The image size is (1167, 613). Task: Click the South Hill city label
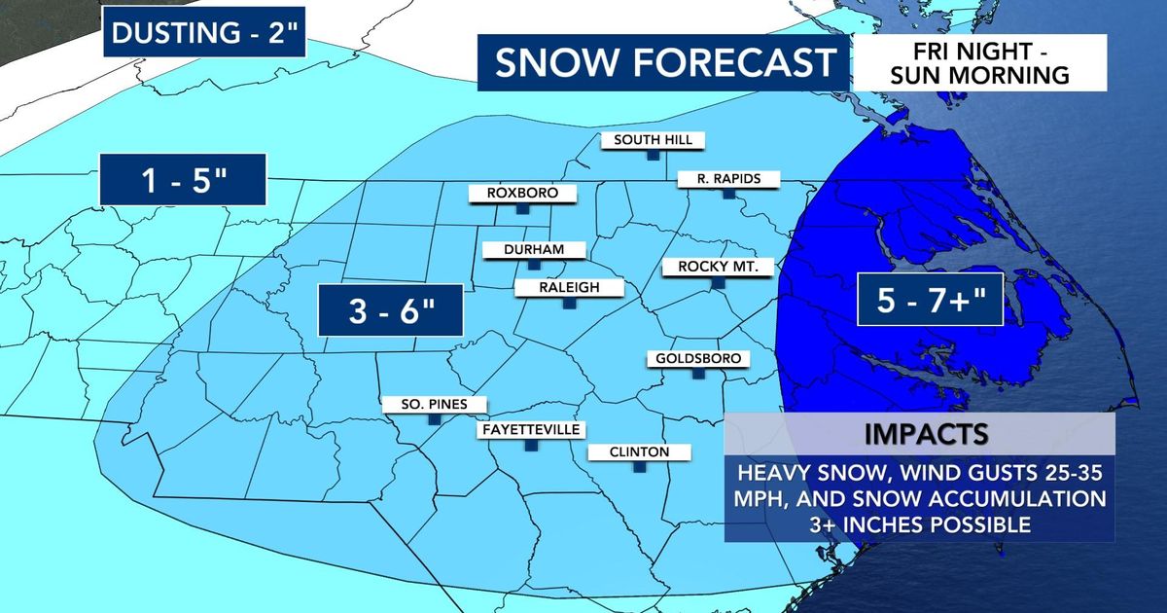(653, 140)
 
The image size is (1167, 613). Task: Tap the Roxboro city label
(523, 194)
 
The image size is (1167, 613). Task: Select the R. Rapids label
(727, 179)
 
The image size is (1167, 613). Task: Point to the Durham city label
(534, 250)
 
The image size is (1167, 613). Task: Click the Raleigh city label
(570, 287)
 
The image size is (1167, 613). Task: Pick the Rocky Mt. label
(718, 267)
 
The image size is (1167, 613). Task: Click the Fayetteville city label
(530, 429)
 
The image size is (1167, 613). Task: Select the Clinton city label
(640, 452)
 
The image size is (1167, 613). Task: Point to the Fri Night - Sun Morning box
(980, 62)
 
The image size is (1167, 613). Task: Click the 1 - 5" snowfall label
(182, 180)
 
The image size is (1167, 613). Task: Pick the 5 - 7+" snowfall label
(928, 300)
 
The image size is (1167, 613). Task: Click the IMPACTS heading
(920, 433)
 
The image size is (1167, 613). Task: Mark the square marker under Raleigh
(570, 305)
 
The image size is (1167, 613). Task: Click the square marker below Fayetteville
(530, 447)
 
